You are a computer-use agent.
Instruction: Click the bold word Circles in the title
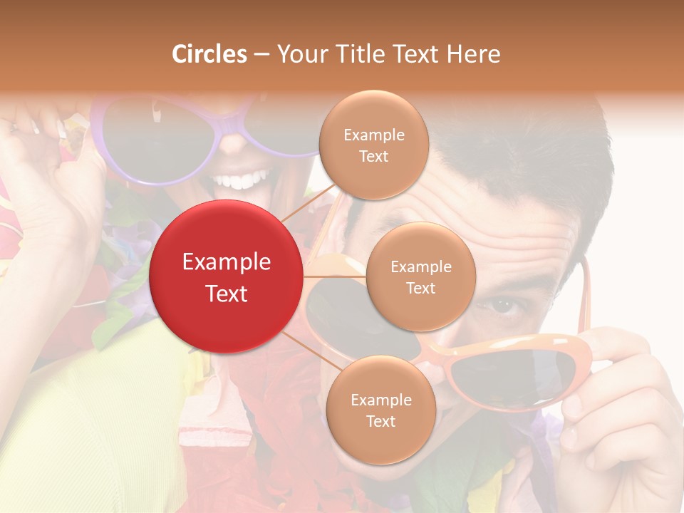[209, 54]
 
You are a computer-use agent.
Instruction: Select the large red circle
[226, 276]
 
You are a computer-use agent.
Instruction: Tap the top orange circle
[373, 145]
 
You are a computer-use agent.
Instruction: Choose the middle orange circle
[420, 277]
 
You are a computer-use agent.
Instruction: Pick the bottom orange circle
[380, 410]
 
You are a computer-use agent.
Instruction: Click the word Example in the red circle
[226, 262]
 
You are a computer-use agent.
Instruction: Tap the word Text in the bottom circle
[380, 421]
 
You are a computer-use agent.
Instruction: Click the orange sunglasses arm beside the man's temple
[584, 299]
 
